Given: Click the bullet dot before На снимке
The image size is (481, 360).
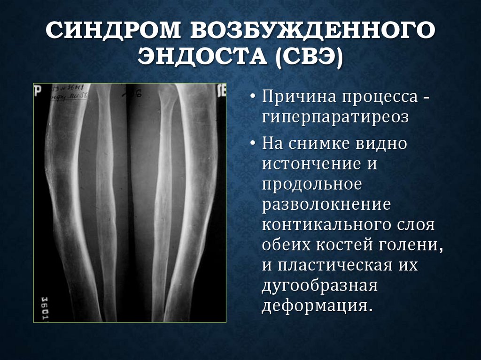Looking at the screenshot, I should coord(253,143).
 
